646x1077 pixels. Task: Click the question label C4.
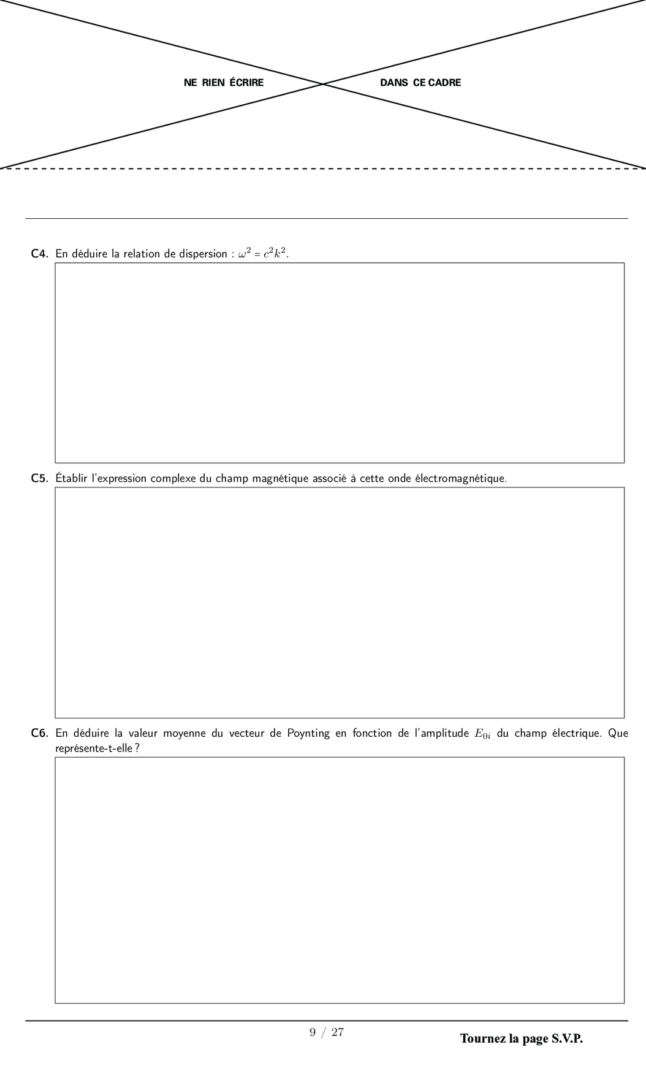[x=39, y=254]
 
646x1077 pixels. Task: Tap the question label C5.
[x=39, y=478]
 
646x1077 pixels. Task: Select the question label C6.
[x=39, y=733]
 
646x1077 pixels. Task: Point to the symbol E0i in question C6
[x=482, y=734]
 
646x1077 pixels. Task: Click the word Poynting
[x=308, y=733]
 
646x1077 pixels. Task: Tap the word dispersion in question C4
[x=203, y=254]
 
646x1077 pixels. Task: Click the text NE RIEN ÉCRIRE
[x=224, y=83]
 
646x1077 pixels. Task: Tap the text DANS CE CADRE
[x=420, y=83]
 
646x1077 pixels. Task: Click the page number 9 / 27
[x=327, y=1032]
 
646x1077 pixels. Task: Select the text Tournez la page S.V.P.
[x=521, y=1038]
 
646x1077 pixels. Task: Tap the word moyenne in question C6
[x=184, y=733]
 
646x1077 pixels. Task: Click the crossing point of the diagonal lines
[x=323, y=83]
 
